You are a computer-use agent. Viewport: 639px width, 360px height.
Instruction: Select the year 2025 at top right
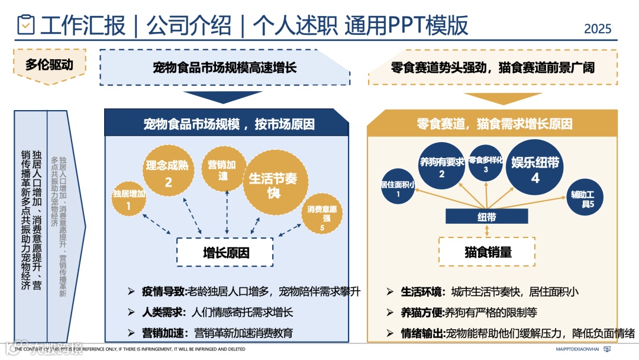[598, 28]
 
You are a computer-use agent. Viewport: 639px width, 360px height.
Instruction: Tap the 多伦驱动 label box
[49, 65]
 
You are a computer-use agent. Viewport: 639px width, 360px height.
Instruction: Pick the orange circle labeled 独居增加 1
[129, 199]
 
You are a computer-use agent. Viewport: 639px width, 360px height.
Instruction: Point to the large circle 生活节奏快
[273, 182]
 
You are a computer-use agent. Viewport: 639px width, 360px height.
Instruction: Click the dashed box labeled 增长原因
[226, 253]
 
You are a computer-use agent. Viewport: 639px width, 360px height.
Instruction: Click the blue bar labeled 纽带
[486, 217]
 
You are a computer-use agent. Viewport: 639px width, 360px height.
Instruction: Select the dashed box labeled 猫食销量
[488, 252]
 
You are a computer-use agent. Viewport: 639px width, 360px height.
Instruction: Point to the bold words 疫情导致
[164, 291]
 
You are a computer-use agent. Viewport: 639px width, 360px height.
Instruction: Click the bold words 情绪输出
[422, 333]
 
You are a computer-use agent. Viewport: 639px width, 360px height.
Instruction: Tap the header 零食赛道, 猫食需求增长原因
[494, 124]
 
